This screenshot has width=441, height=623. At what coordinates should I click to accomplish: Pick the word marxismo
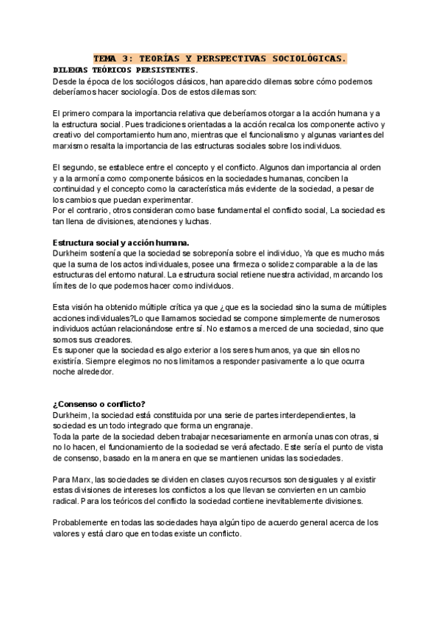pyautogui.click(x=73, y=146)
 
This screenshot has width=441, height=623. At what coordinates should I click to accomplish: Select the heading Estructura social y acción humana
pyautogui.click(x=121, y=243)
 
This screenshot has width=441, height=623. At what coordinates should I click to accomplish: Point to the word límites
pyautogui.click(x=68, y=287)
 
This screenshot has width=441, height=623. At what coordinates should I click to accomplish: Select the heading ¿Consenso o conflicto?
pyautogui.click(x=99, y=404)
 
